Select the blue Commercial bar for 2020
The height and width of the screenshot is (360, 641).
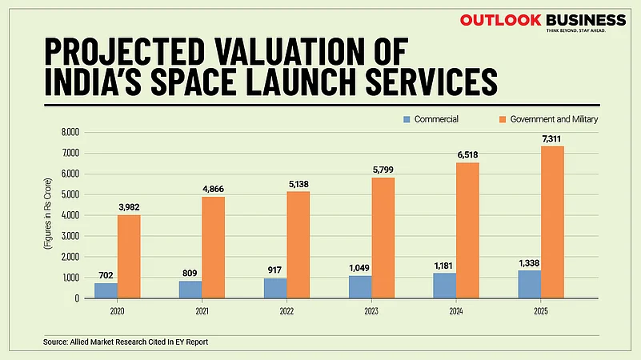pos(106,290)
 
